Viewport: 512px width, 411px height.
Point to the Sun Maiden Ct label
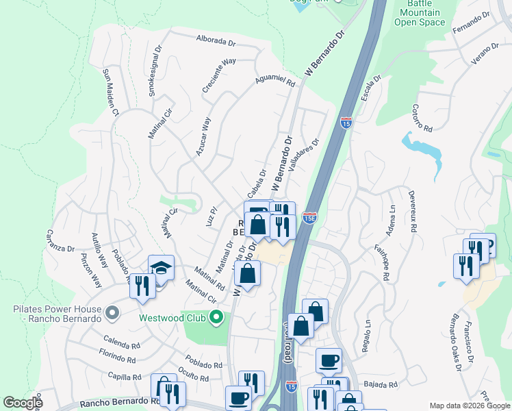click(111, 92)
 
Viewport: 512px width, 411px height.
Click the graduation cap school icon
click(161, 268)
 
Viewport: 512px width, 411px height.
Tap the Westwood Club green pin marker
click(216, 317)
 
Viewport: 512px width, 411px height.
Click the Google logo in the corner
click(23, 403)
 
